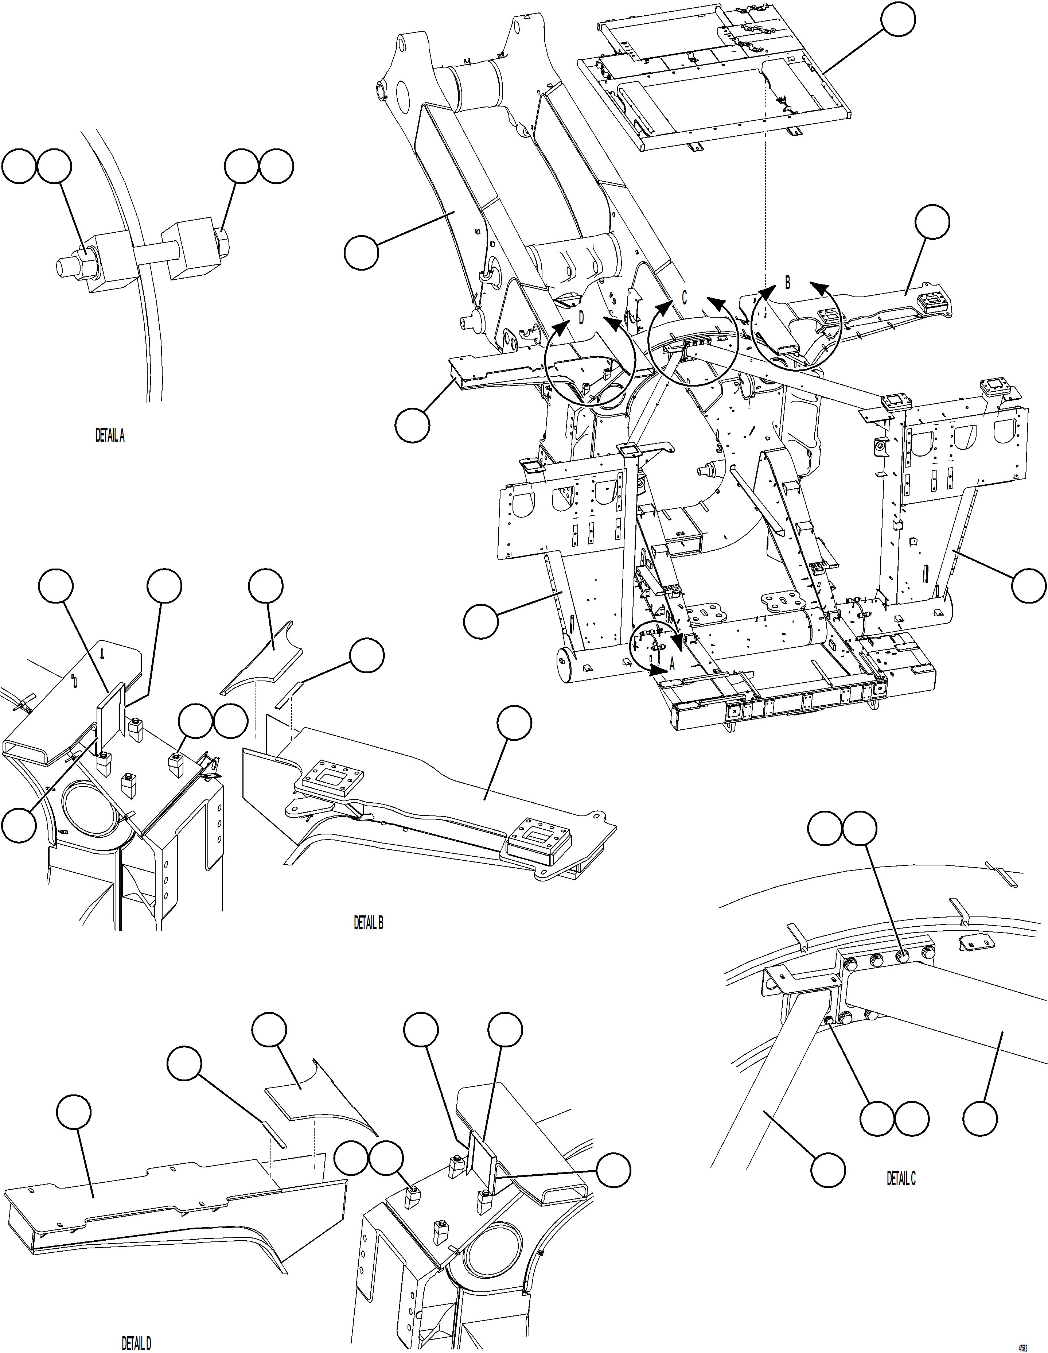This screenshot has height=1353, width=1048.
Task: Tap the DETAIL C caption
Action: click(x=901, y=1179)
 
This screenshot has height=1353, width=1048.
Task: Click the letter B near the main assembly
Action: click(x=787, y=283)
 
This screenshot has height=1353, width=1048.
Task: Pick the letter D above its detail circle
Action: click(x=581, y=318)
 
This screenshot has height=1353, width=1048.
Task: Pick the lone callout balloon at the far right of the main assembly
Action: click(x=1029, y=584)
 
